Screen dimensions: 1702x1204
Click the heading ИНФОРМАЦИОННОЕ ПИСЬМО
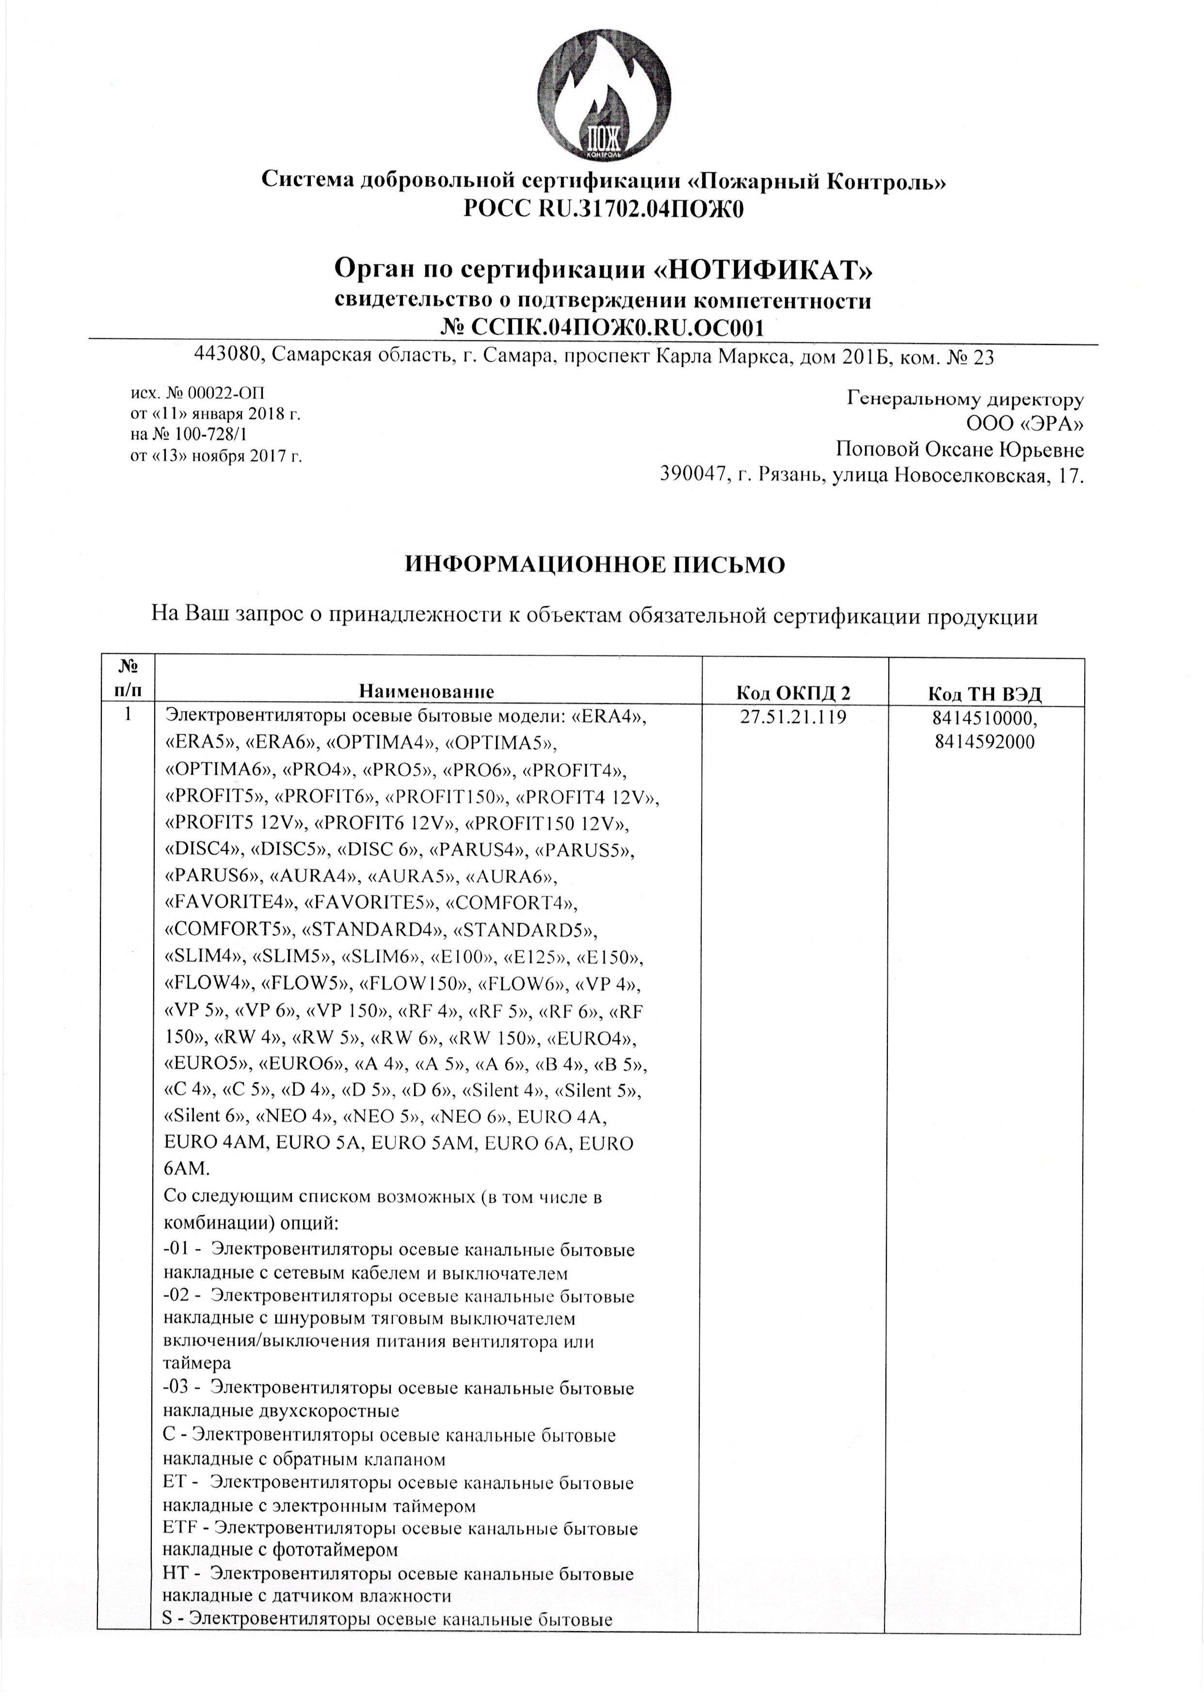click(594, 565)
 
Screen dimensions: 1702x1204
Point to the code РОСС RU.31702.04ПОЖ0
click(602, 211)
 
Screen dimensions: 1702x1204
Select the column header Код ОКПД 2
click(793, 693)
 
